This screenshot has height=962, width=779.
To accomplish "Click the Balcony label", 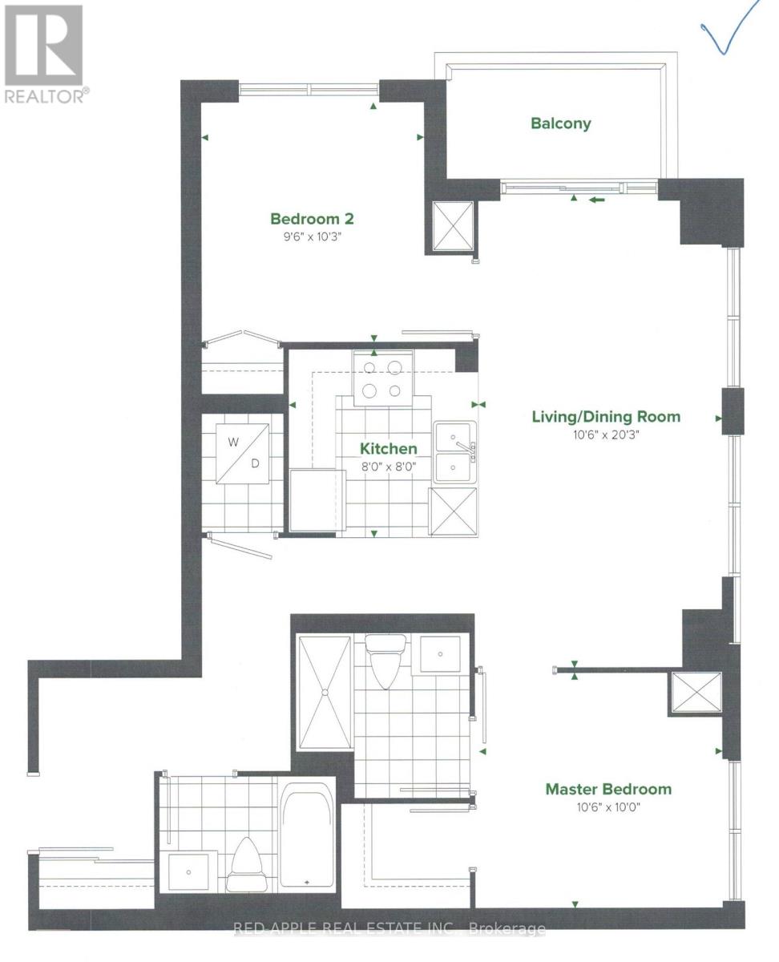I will point(560,123).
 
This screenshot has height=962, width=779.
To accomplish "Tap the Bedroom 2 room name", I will point(312,219).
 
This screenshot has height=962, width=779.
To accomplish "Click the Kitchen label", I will point(388,449).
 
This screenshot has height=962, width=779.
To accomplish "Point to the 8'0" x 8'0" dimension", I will point(388,466).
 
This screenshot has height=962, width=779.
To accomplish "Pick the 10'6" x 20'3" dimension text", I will point(606,434).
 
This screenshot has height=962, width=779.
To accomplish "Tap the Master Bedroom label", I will point(608,789).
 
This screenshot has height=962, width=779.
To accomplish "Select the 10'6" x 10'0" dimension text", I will point(608,806).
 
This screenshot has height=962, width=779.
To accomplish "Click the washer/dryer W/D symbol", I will point(244,451).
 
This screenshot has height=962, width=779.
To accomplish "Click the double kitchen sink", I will point(454,452).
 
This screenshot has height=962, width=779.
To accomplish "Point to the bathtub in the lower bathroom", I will point(307,835).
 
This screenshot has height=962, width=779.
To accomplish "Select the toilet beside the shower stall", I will point(385,661).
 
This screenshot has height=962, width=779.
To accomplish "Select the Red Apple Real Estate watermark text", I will point(389,930).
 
